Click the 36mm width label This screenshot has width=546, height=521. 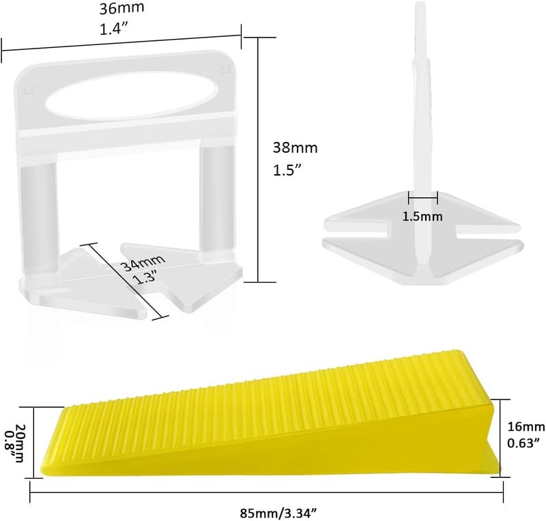121,8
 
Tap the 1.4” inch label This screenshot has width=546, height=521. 115,29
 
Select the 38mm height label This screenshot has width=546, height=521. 296,147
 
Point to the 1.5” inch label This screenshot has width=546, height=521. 287,170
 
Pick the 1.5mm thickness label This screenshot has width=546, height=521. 422,216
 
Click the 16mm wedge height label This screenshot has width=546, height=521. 526,427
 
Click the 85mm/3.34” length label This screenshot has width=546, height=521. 278,513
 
